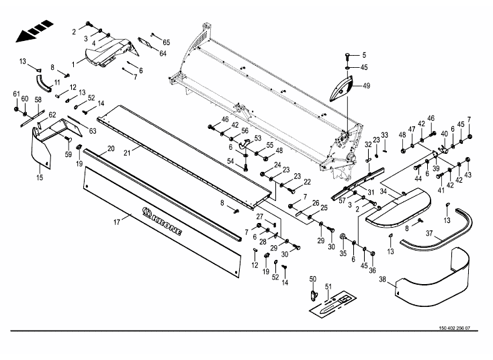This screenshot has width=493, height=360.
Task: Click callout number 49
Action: point(367,85)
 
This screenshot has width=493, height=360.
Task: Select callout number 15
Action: point(40,177)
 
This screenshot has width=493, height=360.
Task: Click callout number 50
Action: point(312,279)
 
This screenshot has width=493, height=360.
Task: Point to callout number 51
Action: point(328,287)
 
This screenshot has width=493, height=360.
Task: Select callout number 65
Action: point(167,42)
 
